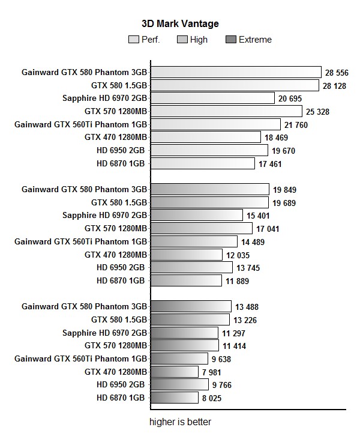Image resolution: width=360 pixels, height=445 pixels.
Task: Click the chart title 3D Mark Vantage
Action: click(x=180, y=24)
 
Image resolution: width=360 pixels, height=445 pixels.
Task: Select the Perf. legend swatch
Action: click(x=134, y=40)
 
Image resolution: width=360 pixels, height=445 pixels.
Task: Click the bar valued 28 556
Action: click(x=236, y=72)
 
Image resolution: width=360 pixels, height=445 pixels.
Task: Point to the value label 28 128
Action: click(x=334, y=86)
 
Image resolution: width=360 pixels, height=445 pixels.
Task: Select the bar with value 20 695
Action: click(x=212, y=98)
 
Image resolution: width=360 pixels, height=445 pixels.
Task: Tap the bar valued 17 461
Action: click(x=203, y=163)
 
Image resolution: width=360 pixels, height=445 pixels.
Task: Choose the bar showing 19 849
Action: click(x=210, y=190)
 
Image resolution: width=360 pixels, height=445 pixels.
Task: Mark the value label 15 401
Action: click(x=260, y=216)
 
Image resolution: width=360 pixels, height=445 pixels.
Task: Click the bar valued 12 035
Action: click(x=187, y=255)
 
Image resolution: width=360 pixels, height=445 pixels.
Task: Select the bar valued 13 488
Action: click(x=191, y=306)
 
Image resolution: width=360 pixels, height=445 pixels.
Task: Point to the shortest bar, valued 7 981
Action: click(x=175, y=372)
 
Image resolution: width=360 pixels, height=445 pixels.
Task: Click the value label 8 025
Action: click(x=215, y=398)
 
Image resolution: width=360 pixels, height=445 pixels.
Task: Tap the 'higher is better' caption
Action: click(x=180, y=422)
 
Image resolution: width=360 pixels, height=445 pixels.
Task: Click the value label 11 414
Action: click(x=234, y=346)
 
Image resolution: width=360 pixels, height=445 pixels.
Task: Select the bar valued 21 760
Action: click(x=215, y=124)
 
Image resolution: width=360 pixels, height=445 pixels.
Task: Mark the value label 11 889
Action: click(x=237, y=280)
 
